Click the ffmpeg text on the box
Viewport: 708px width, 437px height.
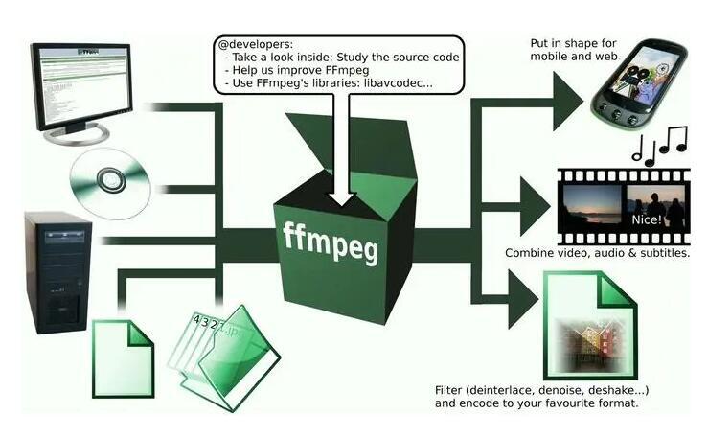tap(331, 243)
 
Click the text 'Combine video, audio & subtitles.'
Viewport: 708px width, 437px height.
tap(597, 254)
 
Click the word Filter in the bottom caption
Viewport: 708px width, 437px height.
tap(451, 389)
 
